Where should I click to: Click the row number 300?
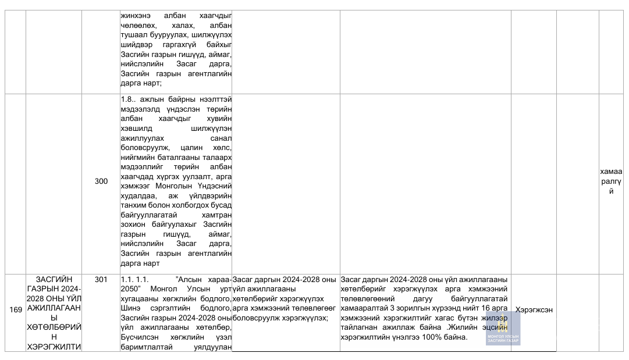pyautogui.click(x=101, y=181)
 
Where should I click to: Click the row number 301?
pyautogui.click(x=101, y=280)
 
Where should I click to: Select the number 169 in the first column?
pyautogui.click(x=16, y=310)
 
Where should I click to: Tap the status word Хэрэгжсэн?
pyautogui.click(x=534, y=310)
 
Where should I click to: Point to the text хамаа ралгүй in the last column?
pyautogui.click(x=610, y=181)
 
